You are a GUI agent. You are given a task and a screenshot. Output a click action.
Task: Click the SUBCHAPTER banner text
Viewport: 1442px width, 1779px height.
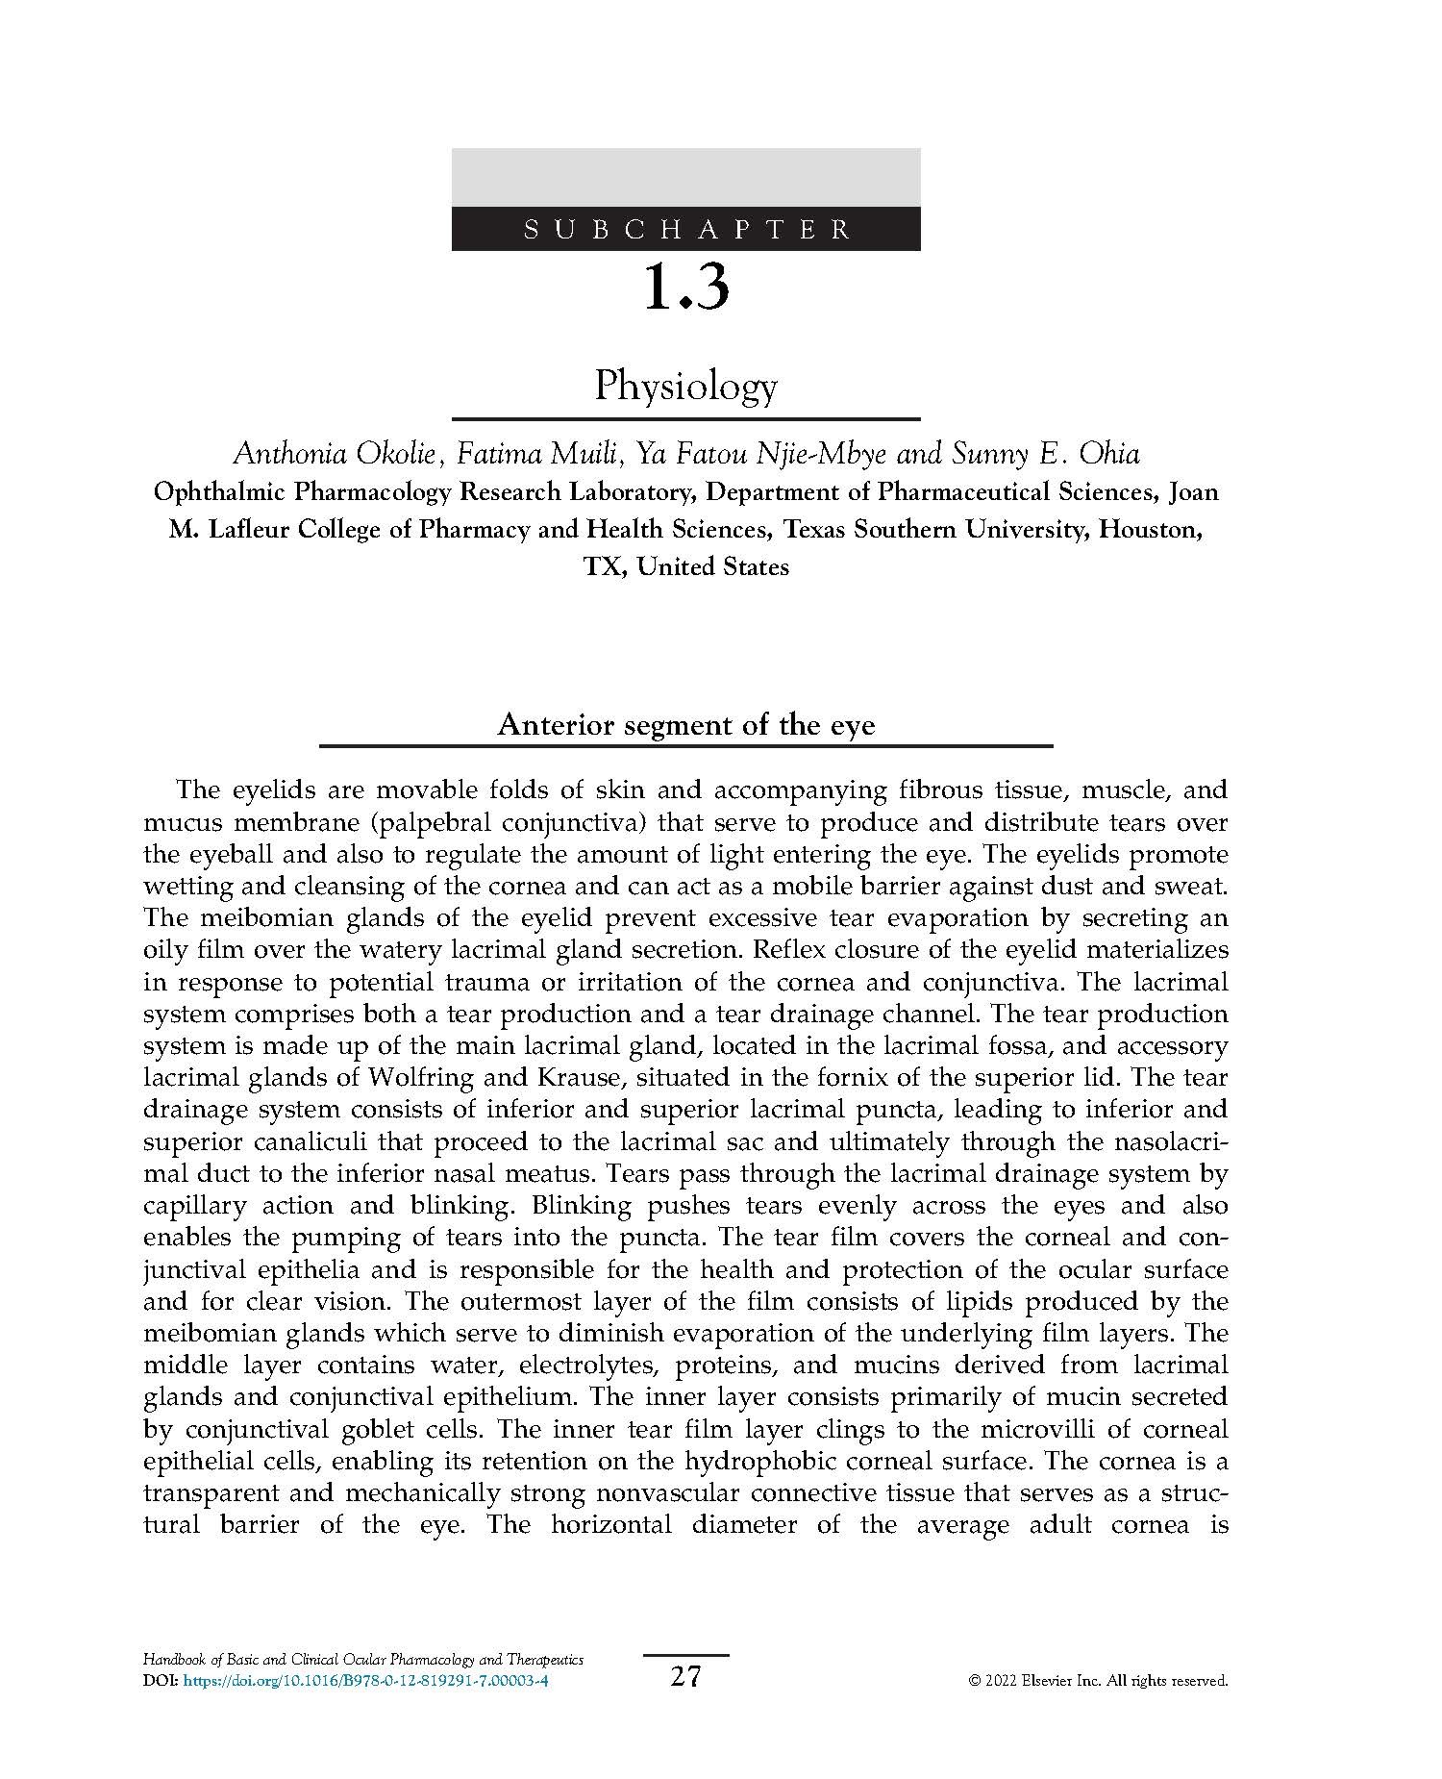tap(686, 230)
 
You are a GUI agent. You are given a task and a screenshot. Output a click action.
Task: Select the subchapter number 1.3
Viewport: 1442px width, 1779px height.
tap(686, 288)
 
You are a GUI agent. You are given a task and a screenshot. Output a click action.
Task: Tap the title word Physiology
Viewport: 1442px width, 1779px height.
tap(686, 387)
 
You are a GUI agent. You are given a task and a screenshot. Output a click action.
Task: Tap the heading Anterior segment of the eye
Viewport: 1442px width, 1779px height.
tap(686, 725)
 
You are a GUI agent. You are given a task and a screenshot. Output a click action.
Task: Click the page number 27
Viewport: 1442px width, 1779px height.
tap(686, 1677)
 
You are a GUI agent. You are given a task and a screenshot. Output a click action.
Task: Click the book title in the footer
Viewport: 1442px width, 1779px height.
tap(363, 1660)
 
